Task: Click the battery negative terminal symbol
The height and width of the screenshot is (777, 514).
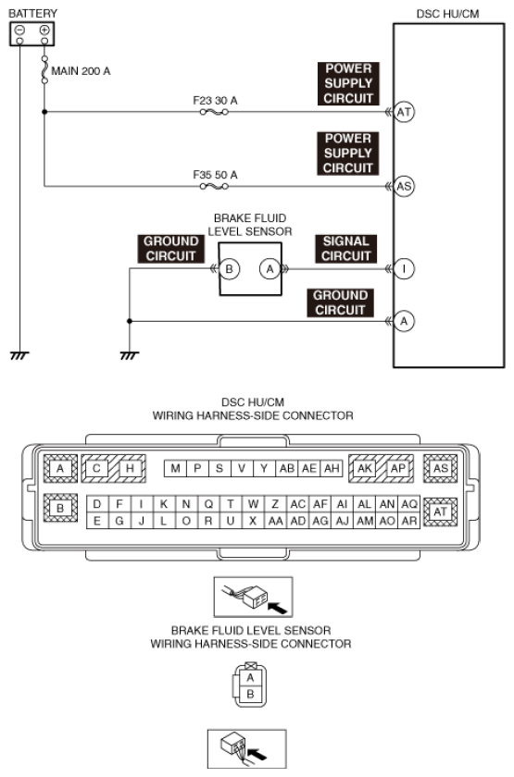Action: click(x=19, y=31)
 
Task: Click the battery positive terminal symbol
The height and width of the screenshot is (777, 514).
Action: click(x=44, y=31)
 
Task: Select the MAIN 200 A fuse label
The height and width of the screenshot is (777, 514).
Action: click(x=81, y=71)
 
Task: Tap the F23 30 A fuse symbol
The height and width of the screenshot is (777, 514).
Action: click(x=214, y=112)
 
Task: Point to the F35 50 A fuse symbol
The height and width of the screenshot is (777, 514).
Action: click(x=214, y=186)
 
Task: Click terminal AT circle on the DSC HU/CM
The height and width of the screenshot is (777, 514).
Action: click(x=404, y=112)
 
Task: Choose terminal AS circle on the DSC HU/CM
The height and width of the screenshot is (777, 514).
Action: click(x=404, y=186)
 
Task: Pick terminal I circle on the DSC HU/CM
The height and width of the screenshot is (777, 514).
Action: click(x=404, y=269)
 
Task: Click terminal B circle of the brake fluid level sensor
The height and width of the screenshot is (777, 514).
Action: click(x=230, y=269)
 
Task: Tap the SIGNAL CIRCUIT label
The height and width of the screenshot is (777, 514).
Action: click(x=345, y=249)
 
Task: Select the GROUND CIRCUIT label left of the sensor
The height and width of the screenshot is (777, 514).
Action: click(x=170, y=249)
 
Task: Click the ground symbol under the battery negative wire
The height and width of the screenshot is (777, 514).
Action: click(x=19, y=355)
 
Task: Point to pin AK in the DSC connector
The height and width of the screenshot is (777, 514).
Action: click(x=365, y=468)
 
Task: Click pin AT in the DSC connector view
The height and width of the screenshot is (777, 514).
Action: click(x=441, y=512)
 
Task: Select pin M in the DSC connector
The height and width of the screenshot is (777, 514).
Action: click(x=175, y=468)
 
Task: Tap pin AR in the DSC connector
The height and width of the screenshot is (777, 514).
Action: click(x=409, y=522)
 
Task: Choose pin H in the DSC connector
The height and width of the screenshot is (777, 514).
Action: click(x=130, y=468)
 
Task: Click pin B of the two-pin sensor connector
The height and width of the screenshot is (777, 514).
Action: click(x=250, y=695)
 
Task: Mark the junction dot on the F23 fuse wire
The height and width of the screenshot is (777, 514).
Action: click(x=44, y=112)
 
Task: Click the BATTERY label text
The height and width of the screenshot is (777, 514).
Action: click(x=32, y=13)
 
